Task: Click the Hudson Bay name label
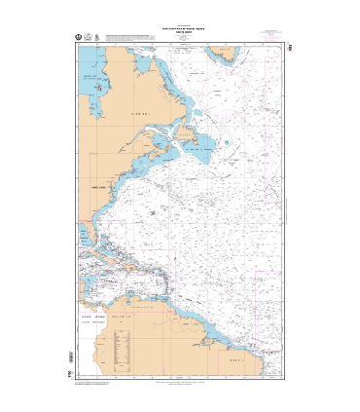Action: click(92, 76)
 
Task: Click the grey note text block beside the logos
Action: click(131, 39)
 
